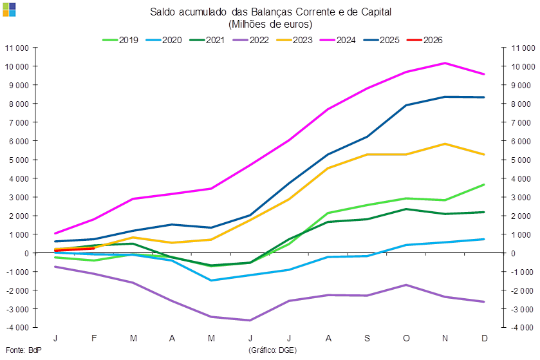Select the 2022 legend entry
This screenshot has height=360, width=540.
click(250, 40)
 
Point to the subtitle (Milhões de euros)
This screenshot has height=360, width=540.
click(270, 24)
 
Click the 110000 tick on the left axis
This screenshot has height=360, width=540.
click(20, 48)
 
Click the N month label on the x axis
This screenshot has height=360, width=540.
click(445, 339)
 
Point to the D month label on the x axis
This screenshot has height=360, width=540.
click(484, 339)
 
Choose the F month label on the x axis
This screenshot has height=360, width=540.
click(95, 339)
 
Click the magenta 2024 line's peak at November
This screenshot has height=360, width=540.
click(445, 63)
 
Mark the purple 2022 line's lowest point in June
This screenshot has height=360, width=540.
click(250, 320)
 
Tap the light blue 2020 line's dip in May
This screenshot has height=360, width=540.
click(211, 280)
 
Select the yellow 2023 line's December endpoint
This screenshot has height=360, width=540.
click(484, 155)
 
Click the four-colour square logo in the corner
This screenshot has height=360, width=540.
click(9, 10)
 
